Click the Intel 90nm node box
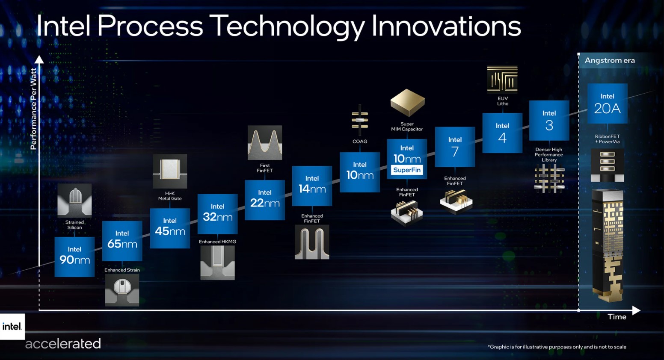74,257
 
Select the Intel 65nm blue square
122,241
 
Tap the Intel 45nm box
170,228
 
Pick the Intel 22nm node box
265,200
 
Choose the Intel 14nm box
312,186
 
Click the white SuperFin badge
407,170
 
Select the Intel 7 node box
455,147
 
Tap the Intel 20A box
608,103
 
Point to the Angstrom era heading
610,60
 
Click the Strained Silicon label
74,224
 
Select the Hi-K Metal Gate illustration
170,171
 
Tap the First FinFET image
265,142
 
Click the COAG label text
359,142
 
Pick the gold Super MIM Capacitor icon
408,103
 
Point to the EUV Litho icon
502,79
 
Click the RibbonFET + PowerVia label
608,139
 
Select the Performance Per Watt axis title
33,109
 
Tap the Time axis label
617,317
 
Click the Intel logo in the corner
12,327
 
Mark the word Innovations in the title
446,26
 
